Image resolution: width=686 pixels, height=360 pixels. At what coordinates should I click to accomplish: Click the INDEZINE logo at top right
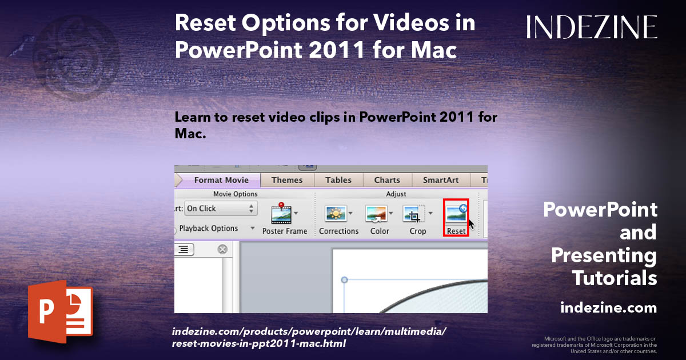[x=592, y=27]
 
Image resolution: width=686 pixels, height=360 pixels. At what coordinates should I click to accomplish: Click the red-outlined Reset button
[x=456, y=217]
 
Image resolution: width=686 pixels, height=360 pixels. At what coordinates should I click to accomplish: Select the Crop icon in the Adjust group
[x=414, y=214]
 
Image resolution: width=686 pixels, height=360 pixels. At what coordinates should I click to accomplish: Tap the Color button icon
[x=376, y=214]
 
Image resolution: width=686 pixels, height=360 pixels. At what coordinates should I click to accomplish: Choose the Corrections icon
[x=336, y=214]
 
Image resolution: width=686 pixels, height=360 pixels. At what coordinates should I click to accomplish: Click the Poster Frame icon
[x=281, y=213]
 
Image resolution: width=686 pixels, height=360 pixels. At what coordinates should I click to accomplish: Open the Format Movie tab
[x=221, y=180]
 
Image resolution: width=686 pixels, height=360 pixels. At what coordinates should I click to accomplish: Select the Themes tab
[x=287, y=180]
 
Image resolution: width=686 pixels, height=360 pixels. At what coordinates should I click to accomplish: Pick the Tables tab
[x=338, y=180]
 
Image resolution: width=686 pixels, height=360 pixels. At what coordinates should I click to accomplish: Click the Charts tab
[x=387, y=180]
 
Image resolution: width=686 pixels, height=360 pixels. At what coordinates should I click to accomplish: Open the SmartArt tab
[x=441, y=180]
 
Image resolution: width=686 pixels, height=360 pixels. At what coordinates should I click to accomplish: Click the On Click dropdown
[x=221, y=209]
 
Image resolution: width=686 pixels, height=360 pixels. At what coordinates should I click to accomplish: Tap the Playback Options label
[x=209, y=229]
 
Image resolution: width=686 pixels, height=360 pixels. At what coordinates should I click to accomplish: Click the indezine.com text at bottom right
[x=608, y=308]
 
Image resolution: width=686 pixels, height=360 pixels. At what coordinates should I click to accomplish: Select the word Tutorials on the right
[x=615, y=278]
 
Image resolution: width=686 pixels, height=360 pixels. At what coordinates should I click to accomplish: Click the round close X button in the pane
[x=222, y=249]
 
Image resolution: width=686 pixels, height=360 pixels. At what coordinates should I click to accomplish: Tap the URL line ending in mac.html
[x=258, y=343]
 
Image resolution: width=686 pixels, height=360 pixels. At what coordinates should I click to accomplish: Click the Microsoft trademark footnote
[x=595, y=345]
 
